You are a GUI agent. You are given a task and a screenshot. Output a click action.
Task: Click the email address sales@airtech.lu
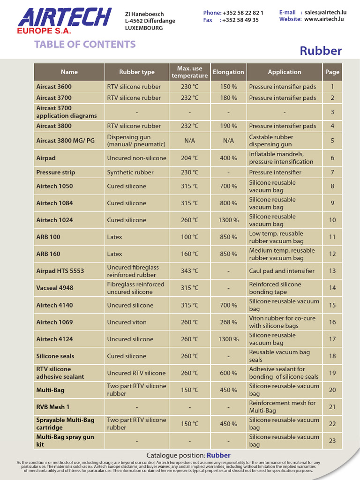[x=324, y=13]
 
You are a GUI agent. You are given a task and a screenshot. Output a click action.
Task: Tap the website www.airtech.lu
[x=324, y=19]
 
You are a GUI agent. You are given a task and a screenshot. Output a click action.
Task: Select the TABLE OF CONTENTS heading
[x=85, y=45]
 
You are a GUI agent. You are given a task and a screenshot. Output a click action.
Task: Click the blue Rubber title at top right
[x=321, y=51]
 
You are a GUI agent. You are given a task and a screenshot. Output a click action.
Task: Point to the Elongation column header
[x=228, y=72]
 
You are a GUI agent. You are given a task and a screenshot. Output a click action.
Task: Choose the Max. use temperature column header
[x=189, y=72]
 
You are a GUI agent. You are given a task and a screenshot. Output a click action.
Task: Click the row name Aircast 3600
[x=54, y=87]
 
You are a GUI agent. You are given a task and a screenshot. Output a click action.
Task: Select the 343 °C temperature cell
[x=189, y=271]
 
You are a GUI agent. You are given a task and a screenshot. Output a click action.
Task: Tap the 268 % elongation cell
[x=228, y=322]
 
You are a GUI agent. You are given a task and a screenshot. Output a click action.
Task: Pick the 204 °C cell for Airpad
[x=189, y=158]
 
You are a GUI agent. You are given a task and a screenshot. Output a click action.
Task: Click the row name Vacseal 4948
[x=55, y=288]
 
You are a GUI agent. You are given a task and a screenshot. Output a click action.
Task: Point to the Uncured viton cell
[x=127, y=322]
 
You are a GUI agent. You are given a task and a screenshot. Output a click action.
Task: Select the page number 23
[x=332, y=441]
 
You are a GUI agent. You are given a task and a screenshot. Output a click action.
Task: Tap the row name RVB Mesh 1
[x=53, y=407]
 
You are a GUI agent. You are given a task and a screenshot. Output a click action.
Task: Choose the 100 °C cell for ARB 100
[x=189, y=237]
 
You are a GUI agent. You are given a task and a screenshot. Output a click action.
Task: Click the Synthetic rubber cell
[x=130, y=172]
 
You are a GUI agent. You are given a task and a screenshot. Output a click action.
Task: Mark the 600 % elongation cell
[x=228, y=373]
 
